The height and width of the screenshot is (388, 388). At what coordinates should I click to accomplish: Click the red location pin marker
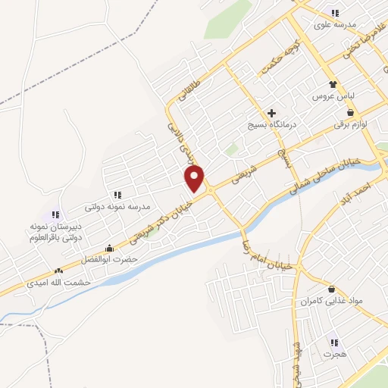(x=196, y=179)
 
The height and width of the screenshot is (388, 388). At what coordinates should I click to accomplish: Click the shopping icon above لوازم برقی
(x=349, y=111)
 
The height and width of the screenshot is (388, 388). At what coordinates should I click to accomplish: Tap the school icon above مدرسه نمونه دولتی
(x=117, y=194)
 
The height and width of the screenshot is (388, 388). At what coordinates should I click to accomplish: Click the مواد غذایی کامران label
(x=331, y=301)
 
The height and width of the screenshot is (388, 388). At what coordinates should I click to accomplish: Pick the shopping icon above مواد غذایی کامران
(x=332, y=288)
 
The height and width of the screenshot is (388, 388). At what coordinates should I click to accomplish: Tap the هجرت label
(x=333, y=354)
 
